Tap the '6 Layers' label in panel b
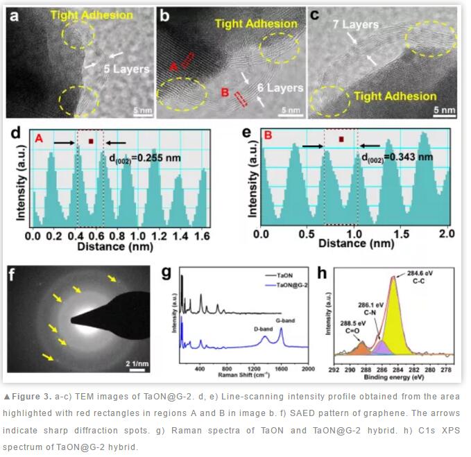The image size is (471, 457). pyautogui.click(x=280, y=88)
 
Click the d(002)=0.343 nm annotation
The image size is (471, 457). pyautogui.click(x=397, y=157)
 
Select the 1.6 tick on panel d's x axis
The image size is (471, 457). pyautogui.click(x=200, y=236)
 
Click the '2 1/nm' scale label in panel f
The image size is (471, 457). pyautogui.click(x=136, y=363)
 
